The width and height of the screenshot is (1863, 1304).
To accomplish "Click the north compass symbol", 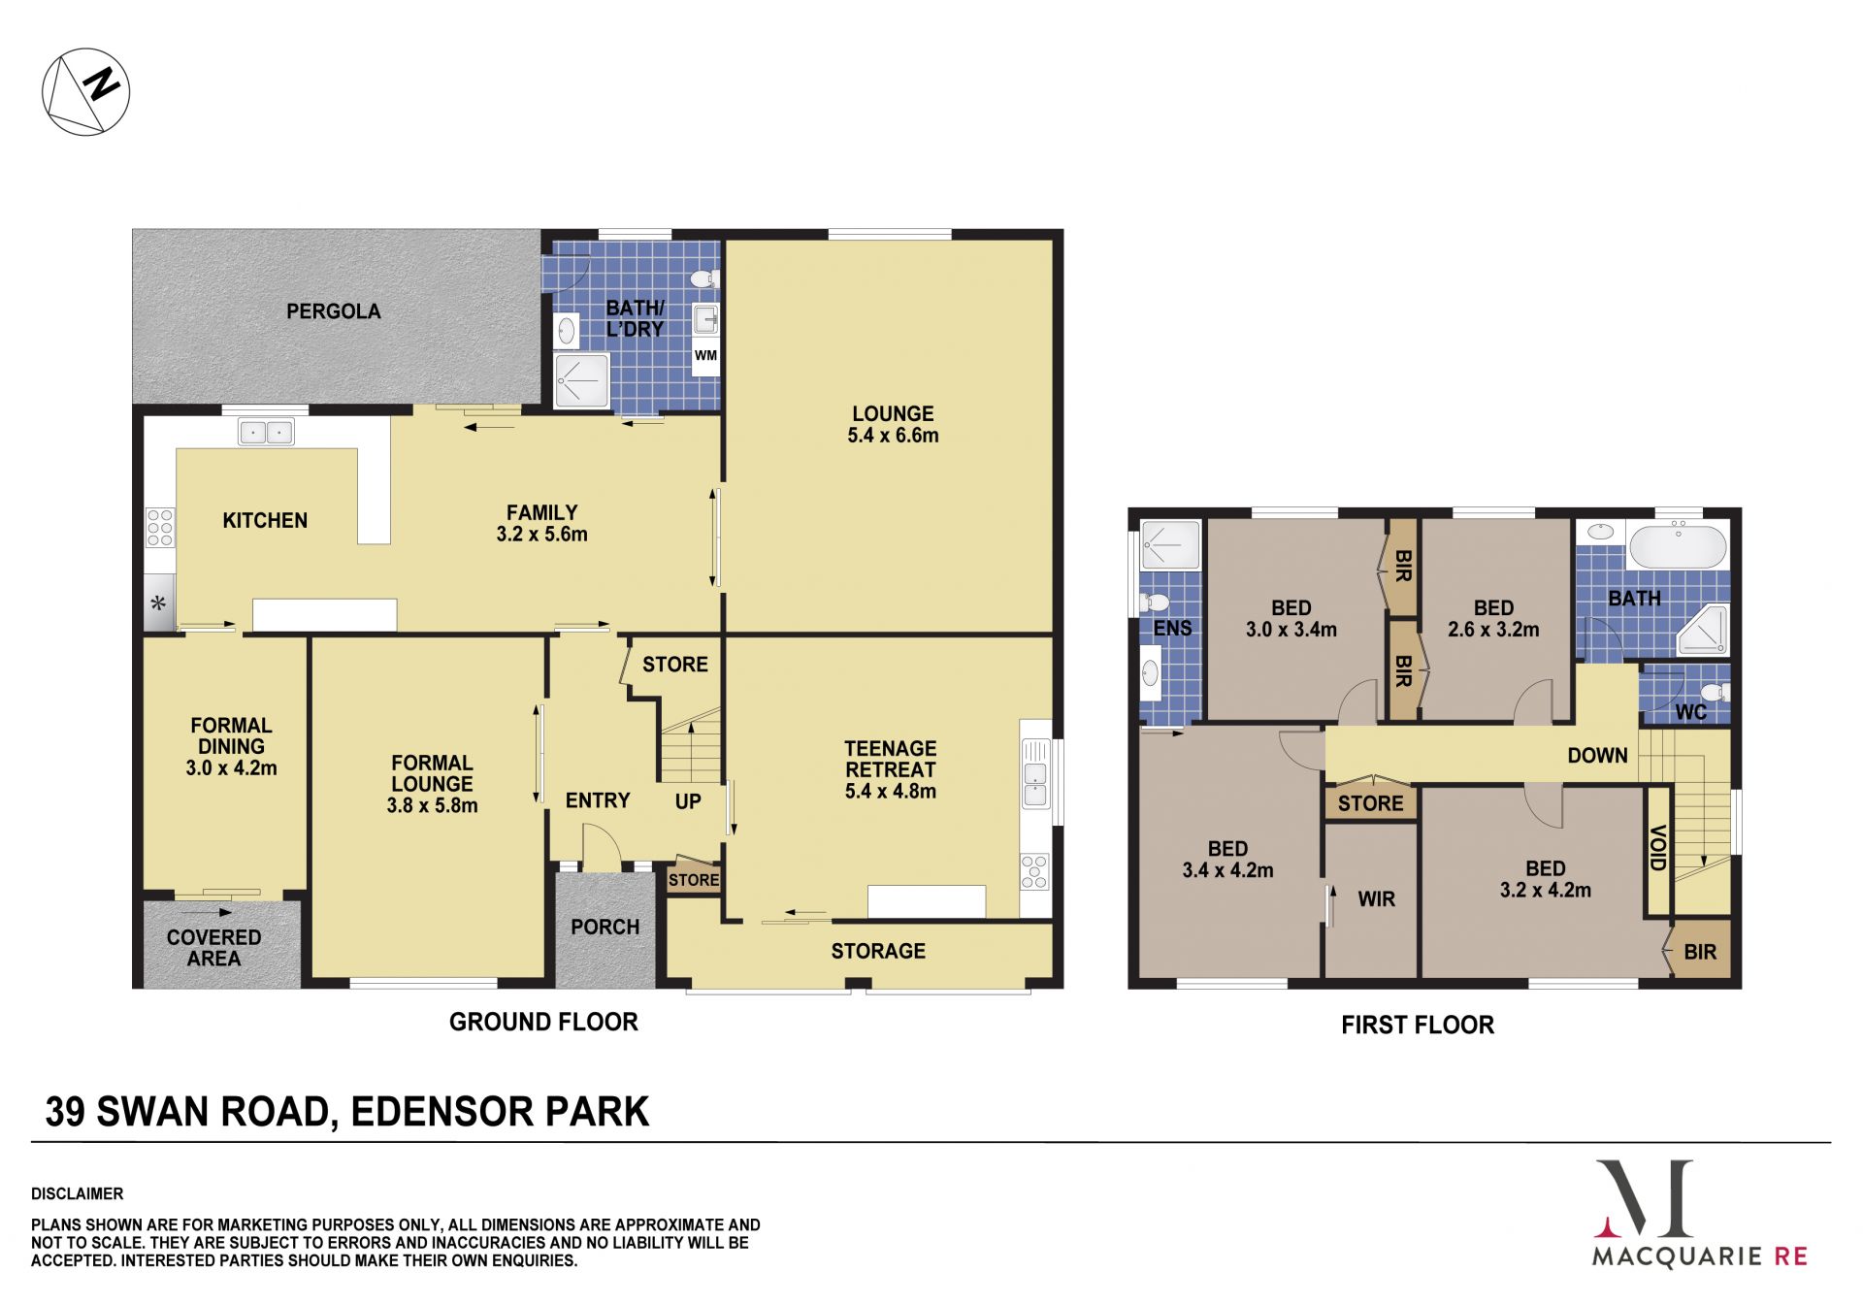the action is [x=85, y=92].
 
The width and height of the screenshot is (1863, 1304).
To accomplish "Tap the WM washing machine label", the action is [x=705, y=356].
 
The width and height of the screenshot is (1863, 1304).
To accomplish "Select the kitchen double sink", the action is [x=266, y=432].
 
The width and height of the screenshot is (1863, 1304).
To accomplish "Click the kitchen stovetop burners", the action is [x=160, y=527].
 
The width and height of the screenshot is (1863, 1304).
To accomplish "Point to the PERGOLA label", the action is [x=333, y=311].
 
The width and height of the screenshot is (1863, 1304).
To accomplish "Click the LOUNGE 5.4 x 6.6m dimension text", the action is [x=893, y=436].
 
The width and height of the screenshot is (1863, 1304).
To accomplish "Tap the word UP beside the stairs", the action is [x=688, y=801].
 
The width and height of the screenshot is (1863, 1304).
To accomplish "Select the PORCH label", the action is [x=605, y=928].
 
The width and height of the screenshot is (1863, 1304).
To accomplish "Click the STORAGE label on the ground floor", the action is [x=878, y=952].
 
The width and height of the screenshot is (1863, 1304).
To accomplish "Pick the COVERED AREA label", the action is [x=213, y=948].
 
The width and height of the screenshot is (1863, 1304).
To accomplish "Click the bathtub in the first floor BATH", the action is [x=1678, y=546].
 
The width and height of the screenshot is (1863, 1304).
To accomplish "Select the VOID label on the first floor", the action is [x=1658, y=848].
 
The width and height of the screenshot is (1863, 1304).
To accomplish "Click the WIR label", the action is [x=1376, y=899].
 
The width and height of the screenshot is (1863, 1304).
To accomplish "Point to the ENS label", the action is [x=1172, y=629].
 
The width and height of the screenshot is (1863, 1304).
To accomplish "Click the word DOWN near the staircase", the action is [x=1597, y=756].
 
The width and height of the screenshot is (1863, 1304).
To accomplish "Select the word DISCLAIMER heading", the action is [x=78, y=1194].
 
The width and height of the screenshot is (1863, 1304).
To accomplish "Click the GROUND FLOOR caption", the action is [x=543, y=1023].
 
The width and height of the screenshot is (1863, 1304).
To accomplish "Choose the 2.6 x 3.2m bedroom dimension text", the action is [x=1493, y=630].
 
